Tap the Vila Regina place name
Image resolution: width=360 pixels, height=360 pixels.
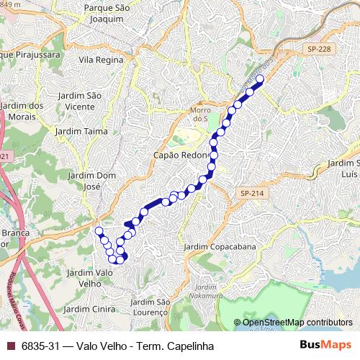point(102,60)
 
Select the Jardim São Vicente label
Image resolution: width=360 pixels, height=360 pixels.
point(85,101)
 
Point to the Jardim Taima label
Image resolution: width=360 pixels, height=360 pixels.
point(81,132)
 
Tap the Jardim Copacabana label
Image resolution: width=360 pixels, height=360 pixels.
point(220,247)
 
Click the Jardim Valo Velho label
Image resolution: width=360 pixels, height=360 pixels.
point(90,278)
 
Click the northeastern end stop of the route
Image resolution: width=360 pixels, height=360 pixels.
point(260,79)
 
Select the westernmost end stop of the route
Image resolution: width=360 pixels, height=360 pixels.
point(99,231)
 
